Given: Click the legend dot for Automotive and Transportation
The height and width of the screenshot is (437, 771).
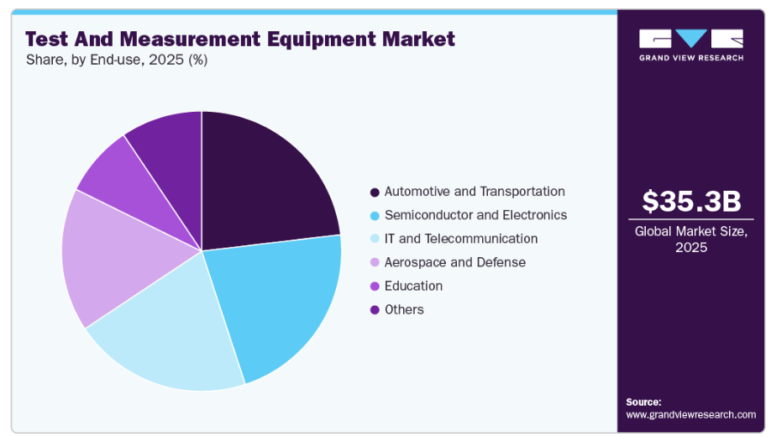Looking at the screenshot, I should pyautogui.click(x=375, y=192).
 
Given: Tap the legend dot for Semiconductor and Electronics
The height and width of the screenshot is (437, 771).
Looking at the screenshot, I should pyautogui.click(x=375, y=216).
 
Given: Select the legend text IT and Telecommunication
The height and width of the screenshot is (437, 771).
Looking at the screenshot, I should pyautogui.click(x=460, y=239).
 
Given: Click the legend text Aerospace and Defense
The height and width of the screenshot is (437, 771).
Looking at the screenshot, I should pyautogui.click(x=454, y=262).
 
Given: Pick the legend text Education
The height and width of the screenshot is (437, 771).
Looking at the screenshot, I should pyautogui.click(x=413, y=286).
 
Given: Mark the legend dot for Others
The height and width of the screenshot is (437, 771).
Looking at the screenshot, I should pyautogui.click(x=375, y=310).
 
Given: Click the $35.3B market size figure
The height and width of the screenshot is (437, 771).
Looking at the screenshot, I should pyautogui.click(x=691, y=202).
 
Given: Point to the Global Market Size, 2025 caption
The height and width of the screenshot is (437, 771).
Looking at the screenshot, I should pyautogui.click(x=691, y=239).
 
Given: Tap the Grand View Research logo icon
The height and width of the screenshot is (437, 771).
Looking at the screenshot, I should pyautogui.click(x=691, y=39).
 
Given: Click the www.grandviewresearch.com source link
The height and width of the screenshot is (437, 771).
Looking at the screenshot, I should pyautogui.click(x=690, y=414).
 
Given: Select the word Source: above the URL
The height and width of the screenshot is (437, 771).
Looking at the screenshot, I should pyautogui.click(x=643, y=402).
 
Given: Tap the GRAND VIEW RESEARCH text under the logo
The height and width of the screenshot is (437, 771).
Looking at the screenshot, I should pyautogui.click(x=691, y=58).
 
